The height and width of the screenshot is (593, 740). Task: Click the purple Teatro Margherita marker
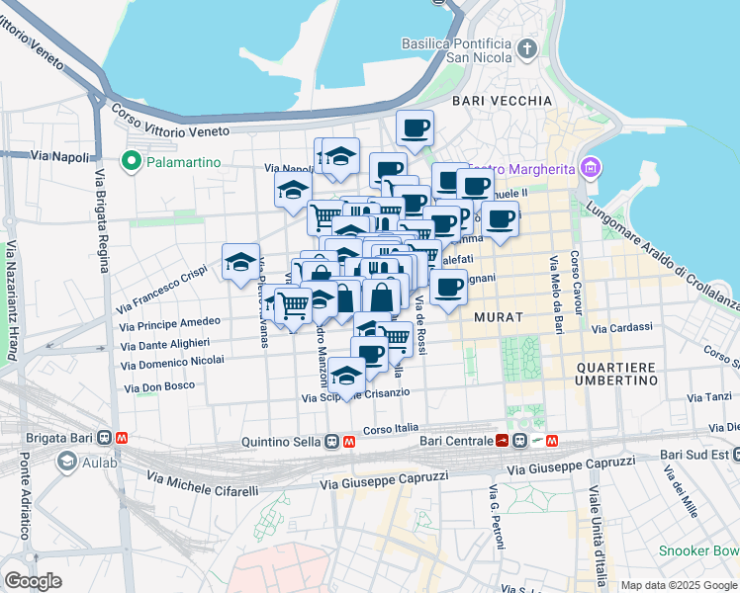pos(591,168)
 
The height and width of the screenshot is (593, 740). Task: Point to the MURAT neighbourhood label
pos(498,317)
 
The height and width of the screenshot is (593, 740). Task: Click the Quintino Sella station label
pos(281,443)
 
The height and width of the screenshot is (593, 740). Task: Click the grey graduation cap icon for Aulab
pos(66,461)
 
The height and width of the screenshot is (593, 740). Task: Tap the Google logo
pos(33,581)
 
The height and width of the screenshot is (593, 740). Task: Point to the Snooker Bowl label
pos(699,550)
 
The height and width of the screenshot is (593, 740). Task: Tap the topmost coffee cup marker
pos(415,127)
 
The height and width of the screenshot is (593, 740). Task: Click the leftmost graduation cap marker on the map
pos(240,262)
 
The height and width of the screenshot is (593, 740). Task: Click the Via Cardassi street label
pos(621,327)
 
